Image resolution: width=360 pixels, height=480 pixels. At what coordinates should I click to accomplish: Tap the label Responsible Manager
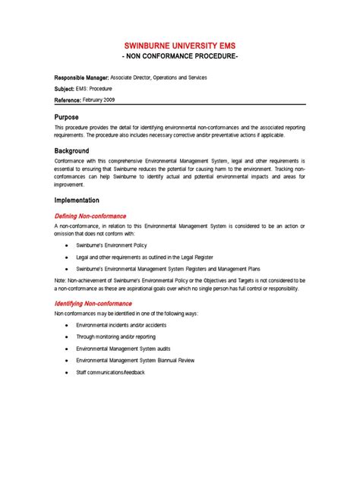coord(81,77)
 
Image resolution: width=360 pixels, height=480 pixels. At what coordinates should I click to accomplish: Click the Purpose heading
coord(68,117)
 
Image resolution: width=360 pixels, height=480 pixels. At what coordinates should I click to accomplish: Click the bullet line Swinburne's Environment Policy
coord(112,247)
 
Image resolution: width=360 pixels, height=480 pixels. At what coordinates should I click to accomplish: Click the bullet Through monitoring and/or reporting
coord(116,336)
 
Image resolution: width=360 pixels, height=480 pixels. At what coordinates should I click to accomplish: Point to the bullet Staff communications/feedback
coord(110,372)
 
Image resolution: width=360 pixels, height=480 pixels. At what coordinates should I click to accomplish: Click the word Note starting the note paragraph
coord(61,280)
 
